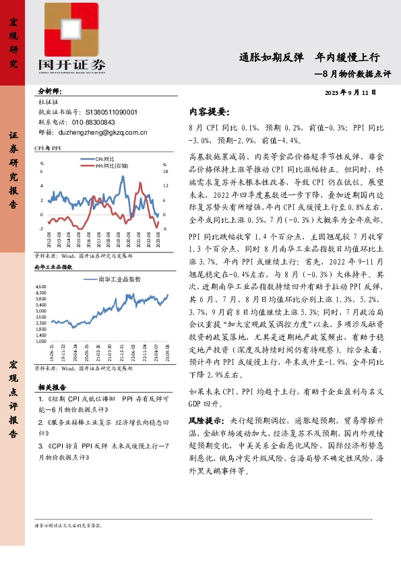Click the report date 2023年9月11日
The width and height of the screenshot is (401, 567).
point(350,92)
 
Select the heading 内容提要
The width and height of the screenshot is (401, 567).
point(209,111)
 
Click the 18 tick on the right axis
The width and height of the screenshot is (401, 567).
point(165,171)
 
